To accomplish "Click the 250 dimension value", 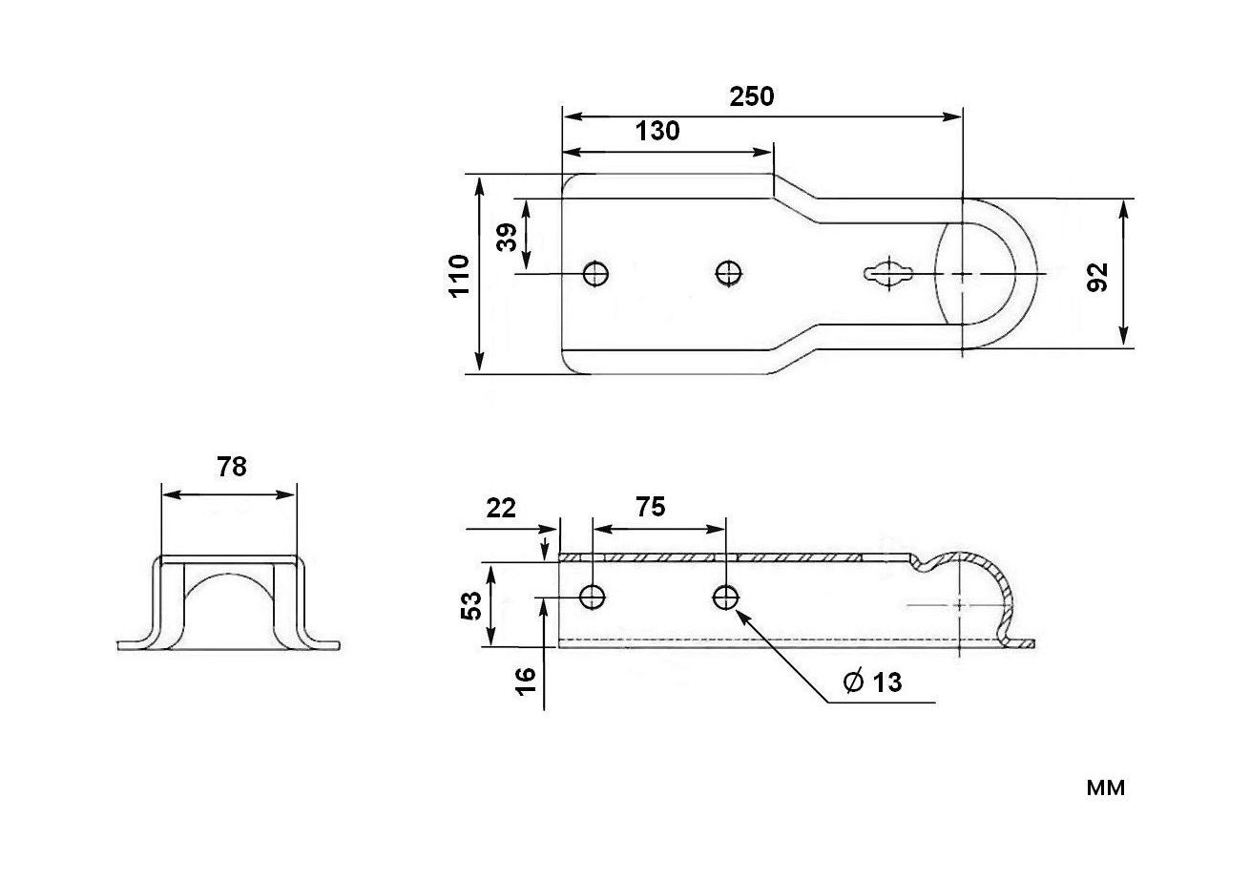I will point(752,96).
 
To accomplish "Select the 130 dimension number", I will point(657,131).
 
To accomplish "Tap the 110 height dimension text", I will point(459,275).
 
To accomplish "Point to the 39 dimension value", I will point(508,236).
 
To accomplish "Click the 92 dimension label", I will point(1098,275).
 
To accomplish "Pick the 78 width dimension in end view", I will point(231,467).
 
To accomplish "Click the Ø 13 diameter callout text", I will point(872,682).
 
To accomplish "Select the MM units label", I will point(1105,788).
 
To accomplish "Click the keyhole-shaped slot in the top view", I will point(890,274).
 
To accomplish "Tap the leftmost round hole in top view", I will point(596,274).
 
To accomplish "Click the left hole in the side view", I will point(593,598).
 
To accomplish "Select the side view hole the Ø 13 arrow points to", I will point(725,598).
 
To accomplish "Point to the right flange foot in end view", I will point(322,644).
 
